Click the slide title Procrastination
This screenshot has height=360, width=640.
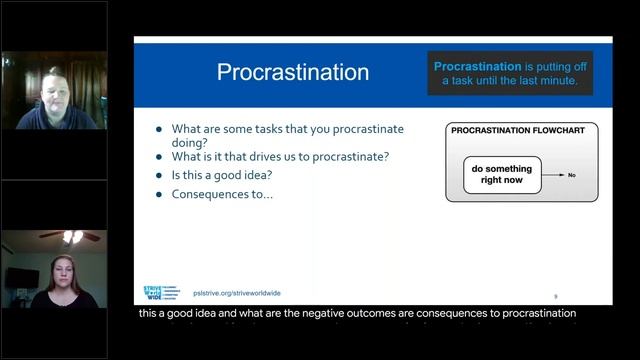click(x=293, y=73)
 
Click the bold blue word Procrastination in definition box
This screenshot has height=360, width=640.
click(x=478, y=66)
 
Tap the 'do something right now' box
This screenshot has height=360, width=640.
click(x=502, y=175)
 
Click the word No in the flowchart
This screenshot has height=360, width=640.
click(x=572, y=175)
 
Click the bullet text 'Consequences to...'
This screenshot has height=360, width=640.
click(x=222, y=193)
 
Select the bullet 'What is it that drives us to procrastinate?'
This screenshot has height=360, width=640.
click(x=281, y=156)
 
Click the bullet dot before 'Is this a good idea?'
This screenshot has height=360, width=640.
click(x=160, y=175)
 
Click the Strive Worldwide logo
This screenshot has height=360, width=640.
click(x=160, y=293)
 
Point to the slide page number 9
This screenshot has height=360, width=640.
click(x=556, y=296)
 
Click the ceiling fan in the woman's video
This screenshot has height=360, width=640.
click(x=71, y=236)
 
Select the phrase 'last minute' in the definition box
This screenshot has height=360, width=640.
click(x=542, y=80)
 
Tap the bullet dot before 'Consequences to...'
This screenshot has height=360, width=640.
click(x=160, y=193)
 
